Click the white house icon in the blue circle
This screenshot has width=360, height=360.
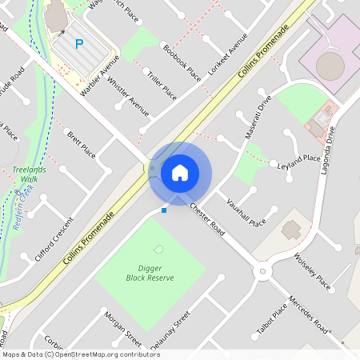coord(180,173)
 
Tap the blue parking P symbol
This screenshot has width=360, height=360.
coord(79,45)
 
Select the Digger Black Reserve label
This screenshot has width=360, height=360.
coord(150,273)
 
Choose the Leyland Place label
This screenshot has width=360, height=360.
coord(298,159)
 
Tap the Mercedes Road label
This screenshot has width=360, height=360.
coord(310,314)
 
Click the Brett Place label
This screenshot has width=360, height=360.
coord(81,145)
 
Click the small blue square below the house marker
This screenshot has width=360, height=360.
coord(164,210)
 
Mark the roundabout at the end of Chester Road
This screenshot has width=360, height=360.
coord(261,273)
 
